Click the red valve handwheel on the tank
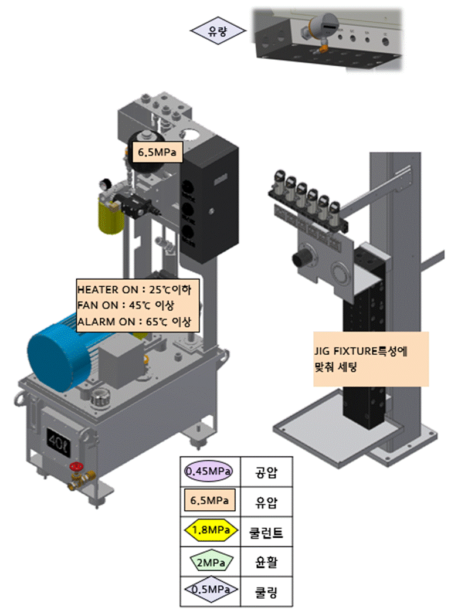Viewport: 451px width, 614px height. pos(74,467)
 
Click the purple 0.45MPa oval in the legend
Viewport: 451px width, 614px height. pos(209,471)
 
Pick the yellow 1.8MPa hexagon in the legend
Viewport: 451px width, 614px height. pos(209,531)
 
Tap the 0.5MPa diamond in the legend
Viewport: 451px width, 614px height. pos(209,589)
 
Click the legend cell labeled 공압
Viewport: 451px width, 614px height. pos(266,471)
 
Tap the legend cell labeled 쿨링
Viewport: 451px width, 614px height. pos(266,589)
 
